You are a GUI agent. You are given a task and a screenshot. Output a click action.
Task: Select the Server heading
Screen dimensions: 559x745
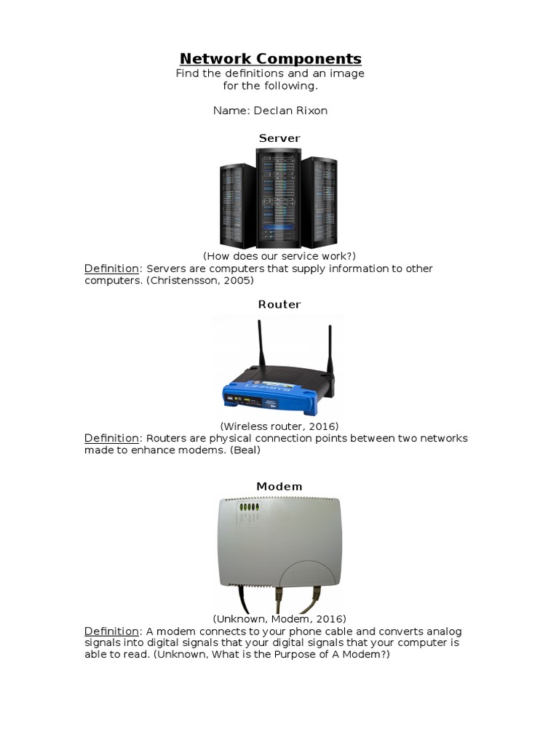pos(279,138)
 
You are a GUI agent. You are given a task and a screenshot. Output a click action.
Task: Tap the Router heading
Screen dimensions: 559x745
pos(279,305)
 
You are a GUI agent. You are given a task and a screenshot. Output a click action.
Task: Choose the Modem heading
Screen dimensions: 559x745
pos(279,486)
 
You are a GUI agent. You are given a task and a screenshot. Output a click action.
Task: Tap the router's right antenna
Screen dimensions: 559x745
pos(328,356)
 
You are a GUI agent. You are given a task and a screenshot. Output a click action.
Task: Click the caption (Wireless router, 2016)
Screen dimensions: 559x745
pos(279,426)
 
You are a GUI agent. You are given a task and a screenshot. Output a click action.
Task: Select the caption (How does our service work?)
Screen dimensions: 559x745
pos(279,256)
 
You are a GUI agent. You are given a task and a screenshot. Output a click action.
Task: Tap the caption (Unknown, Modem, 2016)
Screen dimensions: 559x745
pos(279,618)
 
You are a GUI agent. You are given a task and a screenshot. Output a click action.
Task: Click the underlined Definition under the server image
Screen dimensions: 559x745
pos(111,268)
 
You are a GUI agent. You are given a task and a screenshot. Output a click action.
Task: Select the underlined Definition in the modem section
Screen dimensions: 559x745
pos(111,631)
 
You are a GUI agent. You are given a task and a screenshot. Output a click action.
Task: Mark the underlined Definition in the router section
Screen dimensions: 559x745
pos(111,438)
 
